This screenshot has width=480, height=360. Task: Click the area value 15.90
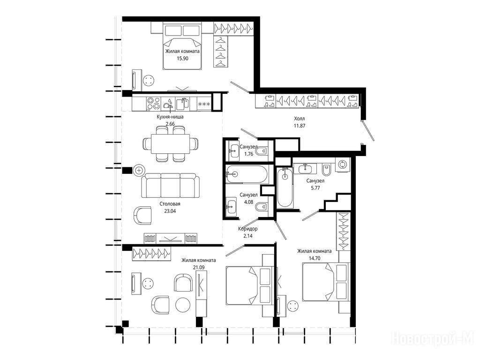click(x=182, y=59)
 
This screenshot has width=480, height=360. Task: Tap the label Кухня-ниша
click(x=170, y=117)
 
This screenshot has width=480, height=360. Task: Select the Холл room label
click(x=300, y=119)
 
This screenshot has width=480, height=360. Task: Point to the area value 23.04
click(x=170, y=211)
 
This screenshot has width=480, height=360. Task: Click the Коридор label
click(x=247, y=229)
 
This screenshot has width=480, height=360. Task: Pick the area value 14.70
click(x=315, y=258)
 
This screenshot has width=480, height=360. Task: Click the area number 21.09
click(x=199, y=267)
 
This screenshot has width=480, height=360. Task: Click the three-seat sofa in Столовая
click(x=170, y=186)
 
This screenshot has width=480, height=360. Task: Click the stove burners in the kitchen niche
click(x=153, y=104)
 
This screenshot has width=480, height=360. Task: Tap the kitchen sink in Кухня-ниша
click(x=183, y=104)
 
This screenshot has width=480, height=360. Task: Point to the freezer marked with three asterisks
click(x=204, y=104)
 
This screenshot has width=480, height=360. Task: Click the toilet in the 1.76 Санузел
click(x=262, y=151)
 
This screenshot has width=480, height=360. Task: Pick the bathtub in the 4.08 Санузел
click(x=247, y=174)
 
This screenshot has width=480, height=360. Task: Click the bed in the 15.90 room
click(x=182, y=46)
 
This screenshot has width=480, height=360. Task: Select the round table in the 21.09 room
click(x=183, y=305)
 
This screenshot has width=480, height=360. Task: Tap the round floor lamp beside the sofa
click(x=139, y=170)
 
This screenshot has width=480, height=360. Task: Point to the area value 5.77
click(x=315, y=188)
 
